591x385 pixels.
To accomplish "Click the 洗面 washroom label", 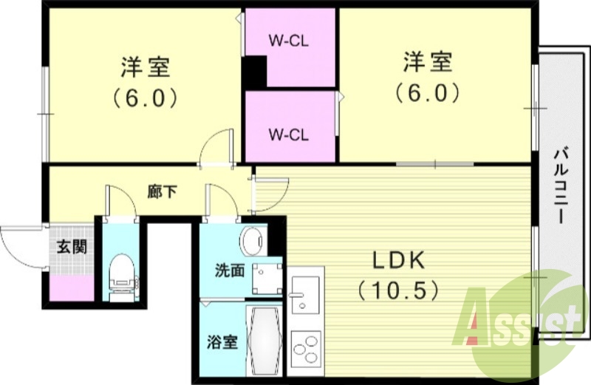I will tap(229, 271).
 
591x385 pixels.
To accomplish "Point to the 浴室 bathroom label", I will tap(222, 342).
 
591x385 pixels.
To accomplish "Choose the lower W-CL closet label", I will tap(288, 134).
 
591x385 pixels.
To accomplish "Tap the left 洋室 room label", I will tap(145, 66).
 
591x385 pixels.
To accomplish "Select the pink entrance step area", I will tap(71, 285).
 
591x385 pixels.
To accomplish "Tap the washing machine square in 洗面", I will tap(266, 279).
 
